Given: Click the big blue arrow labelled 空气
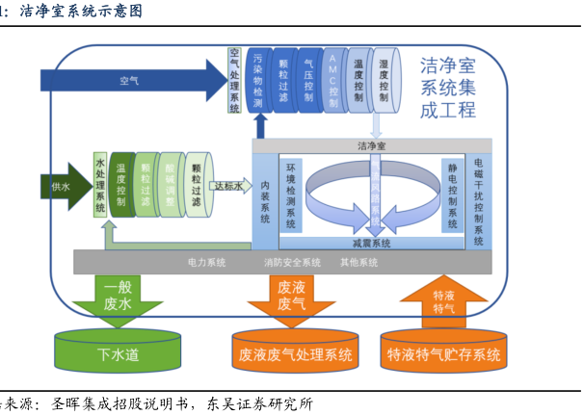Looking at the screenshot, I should (130, 80).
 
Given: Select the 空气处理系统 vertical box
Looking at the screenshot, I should (235, 80).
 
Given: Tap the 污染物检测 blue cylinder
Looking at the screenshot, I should (258, 80).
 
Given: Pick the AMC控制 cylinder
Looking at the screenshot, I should (332, 77).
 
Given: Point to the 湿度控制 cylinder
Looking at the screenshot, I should (384, 77).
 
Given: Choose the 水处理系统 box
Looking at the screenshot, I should (100, 183).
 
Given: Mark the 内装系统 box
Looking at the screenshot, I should (266, 199).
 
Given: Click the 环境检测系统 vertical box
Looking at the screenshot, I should (292, 193).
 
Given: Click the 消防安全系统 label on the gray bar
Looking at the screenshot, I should (292, 262).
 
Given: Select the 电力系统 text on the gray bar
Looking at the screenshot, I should (206, 262).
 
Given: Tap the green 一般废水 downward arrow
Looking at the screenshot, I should (119, 298).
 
